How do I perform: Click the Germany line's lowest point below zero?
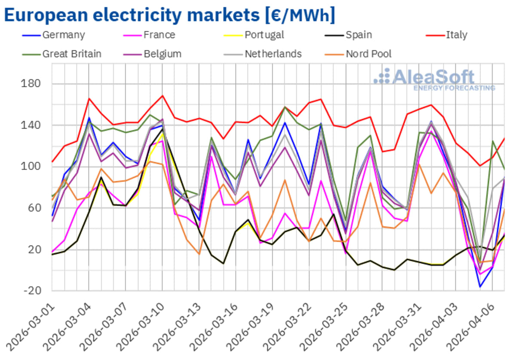480,287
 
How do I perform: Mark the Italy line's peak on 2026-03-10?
162,95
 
